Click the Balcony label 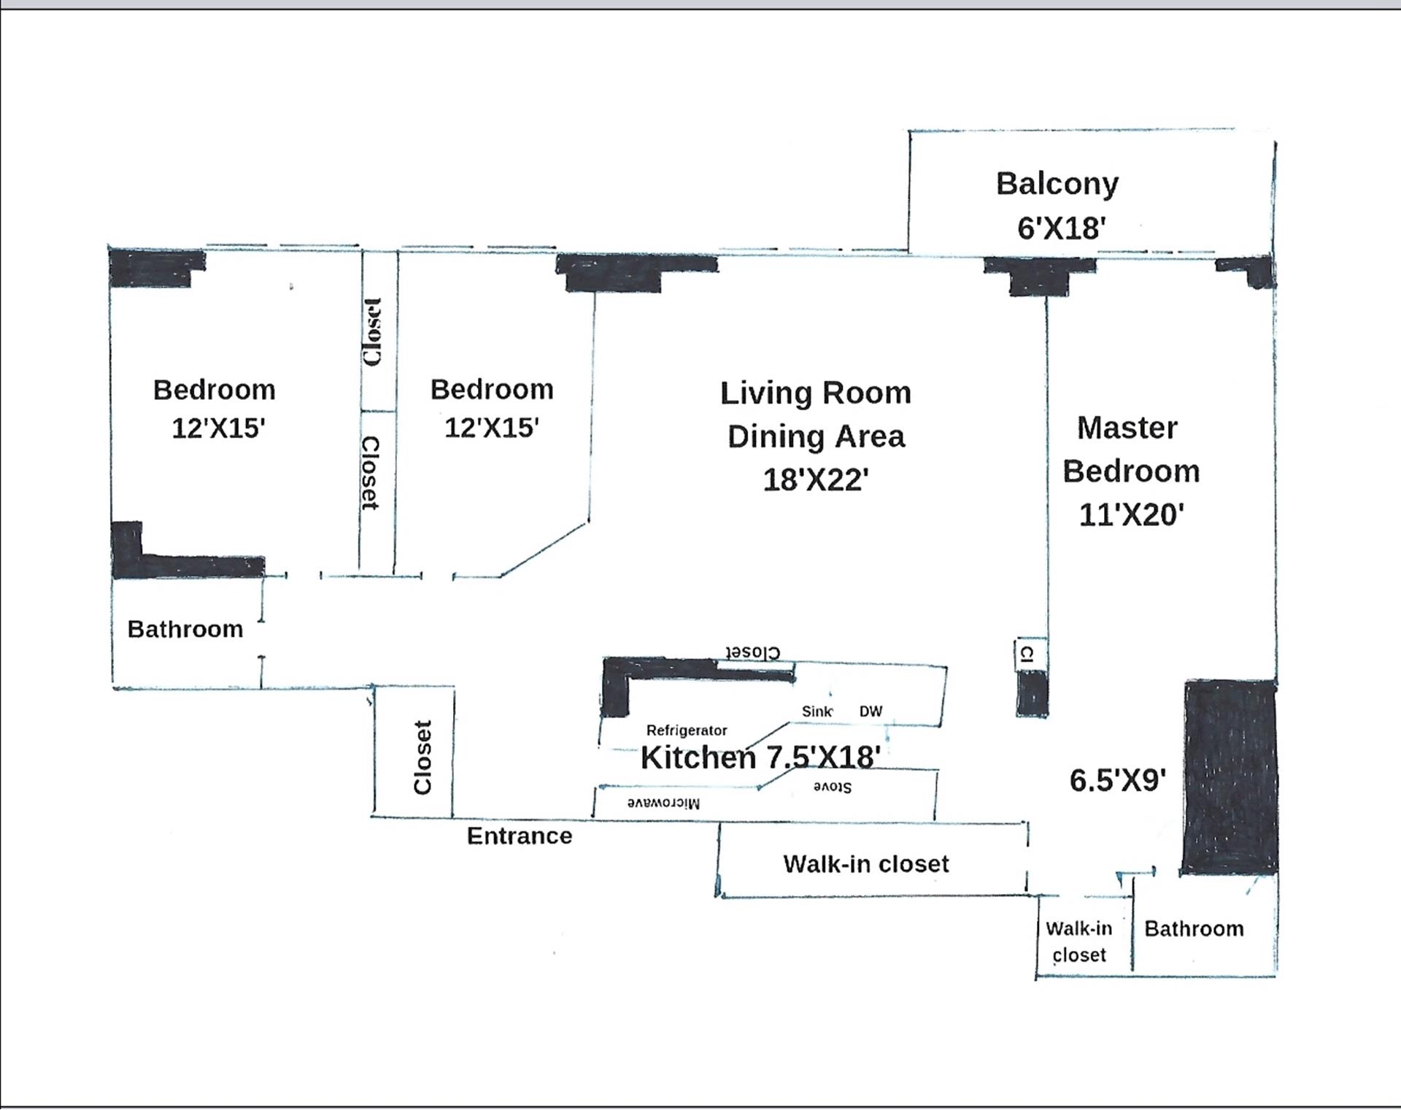pos(1057,184)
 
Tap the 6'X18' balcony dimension pos(1061,228)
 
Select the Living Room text pos(816,393)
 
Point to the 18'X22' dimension pos(816,480)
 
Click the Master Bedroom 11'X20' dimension pos(1131,515)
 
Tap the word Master pos(1127,428)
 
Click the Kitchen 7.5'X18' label pos(760,758)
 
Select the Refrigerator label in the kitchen pos(687,731)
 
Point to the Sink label pos(817,712)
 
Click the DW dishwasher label pos(871,712)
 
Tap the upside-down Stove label pos(833,787)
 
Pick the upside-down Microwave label pos(664,803)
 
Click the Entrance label pos(520,836)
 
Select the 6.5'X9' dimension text pos(1117,781)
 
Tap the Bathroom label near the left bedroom pos(185,629)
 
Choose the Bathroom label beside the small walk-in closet pos(1194,929)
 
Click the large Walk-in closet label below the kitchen pos(866,864)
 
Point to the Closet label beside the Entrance pos(422,757)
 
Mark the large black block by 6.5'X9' pos(1229,778)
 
